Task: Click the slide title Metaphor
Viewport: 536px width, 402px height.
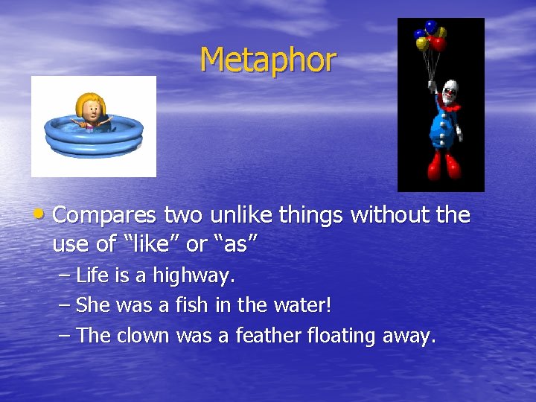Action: point(268,60)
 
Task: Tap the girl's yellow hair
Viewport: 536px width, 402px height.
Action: point(89,100)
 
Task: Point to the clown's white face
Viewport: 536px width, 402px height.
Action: point(449,92)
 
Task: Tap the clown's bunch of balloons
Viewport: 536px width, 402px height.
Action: point(430,36)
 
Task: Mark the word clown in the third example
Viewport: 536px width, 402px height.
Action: point(143,336)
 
